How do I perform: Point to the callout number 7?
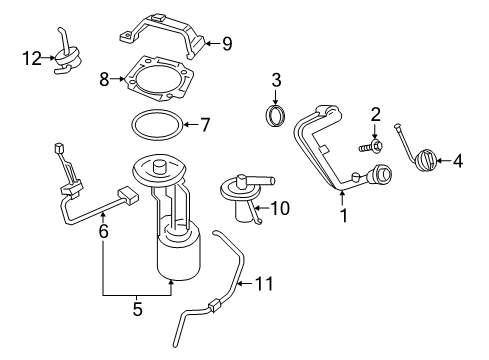click(204, 126)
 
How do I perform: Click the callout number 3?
click(277, 79)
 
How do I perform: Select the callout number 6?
click(103, 230)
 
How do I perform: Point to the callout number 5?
click(137, 310)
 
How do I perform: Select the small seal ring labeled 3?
click(276, 115)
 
